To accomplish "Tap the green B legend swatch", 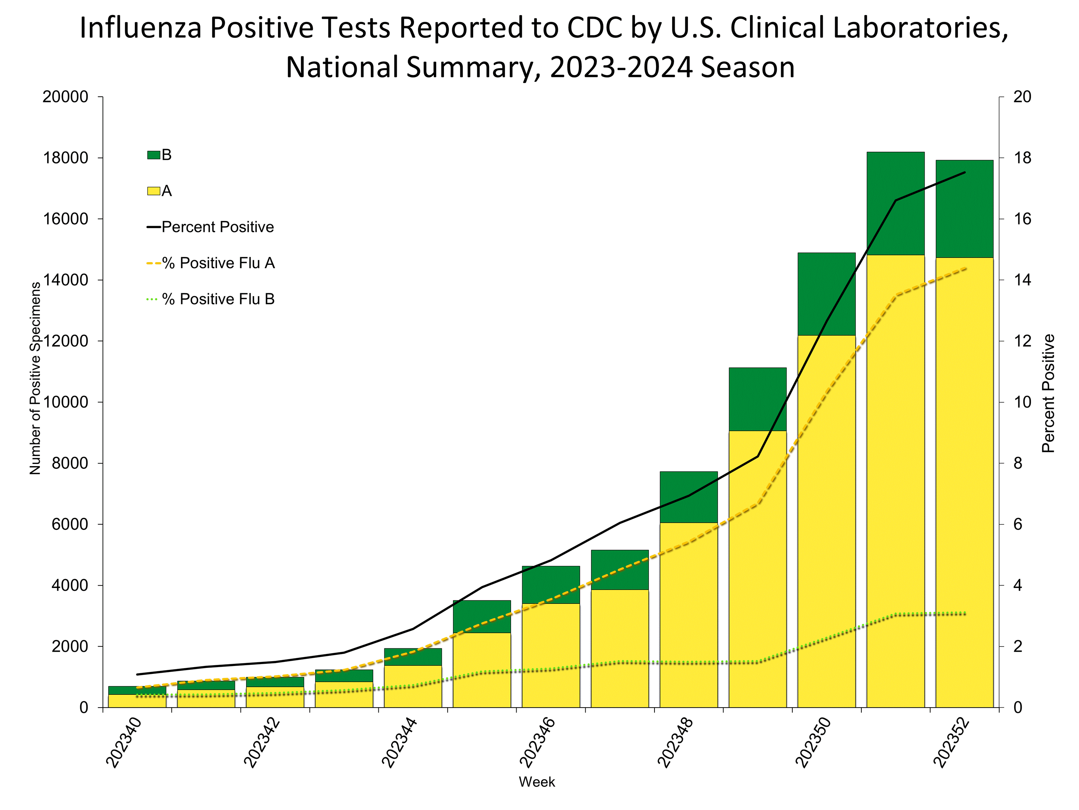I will (153, 155).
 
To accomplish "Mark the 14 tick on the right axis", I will (1022, 280).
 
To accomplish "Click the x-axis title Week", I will (537, 781).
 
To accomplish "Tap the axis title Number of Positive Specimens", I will (35, 378).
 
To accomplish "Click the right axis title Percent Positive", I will (1048, 393).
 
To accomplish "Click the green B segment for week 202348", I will (688, 496).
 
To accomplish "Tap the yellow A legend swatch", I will (153, 191).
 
